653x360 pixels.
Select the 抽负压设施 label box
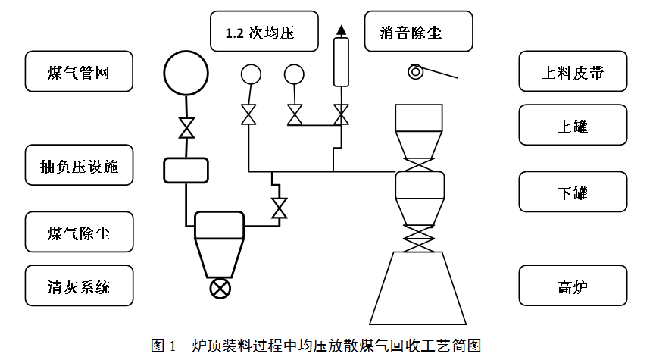(x=79, y=165)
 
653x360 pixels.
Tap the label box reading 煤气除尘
(x=79, y=232)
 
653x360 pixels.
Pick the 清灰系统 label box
(x=79, y=286)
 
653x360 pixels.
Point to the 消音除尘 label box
(x=418, y=32)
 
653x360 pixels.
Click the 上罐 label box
(x=573, y=125)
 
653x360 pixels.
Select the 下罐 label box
(x=573, y=192)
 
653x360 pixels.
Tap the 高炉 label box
(x=573, y=286)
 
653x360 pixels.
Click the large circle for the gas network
(x=186, y=72)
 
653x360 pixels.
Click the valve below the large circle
(x=186, y=127)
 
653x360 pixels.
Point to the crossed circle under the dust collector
(x=220, y=289)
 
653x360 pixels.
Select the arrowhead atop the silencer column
(x=342, y=30)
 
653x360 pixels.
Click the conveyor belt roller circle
(x=416, y=72)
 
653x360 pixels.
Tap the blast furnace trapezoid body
(x=417, y=288)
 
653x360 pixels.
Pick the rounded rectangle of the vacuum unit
(x=186, y=170)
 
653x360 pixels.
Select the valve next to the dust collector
(x=280, y=207)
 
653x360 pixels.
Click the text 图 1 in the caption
(x=164, y=346)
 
